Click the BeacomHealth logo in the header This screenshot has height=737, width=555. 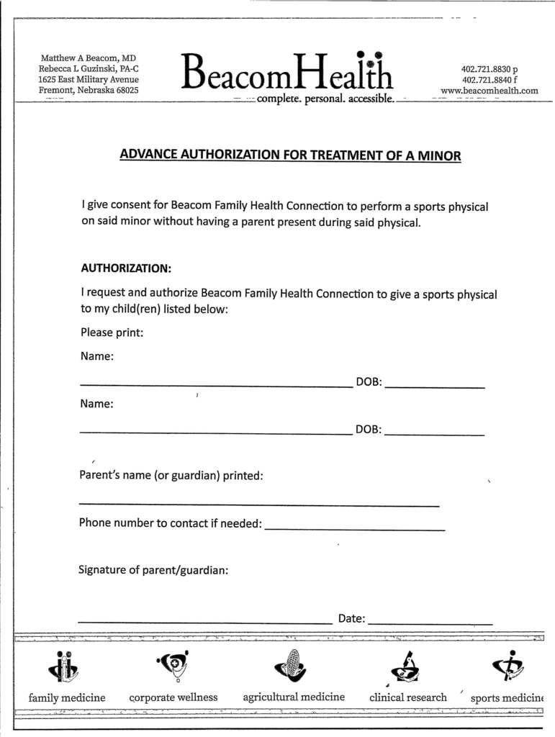click(x=287, y=72)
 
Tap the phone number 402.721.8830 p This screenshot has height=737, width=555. click(x=489, y=69)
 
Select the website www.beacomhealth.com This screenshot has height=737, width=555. click(x=489, y=91)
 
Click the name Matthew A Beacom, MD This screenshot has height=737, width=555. click(x=88, y=58)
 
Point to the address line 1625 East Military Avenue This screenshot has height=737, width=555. click(x=88, y=79)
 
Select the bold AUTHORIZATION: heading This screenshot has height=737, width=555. click(x=126, y=268)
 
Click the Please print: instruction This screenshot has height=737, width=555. click(x=112, y=333)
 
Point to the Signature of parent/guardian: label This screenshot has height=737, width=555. click(x=153, y=570)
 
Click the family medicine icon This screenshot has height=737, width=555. click(x=64, y=667)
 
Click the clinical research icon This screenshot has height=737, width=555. click(x=406, y=667)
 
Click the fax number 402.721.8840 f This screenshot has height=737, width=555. click(x=489, y=80)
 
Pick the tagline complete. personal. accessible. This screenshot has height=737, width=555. click(x=325, y=99)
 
